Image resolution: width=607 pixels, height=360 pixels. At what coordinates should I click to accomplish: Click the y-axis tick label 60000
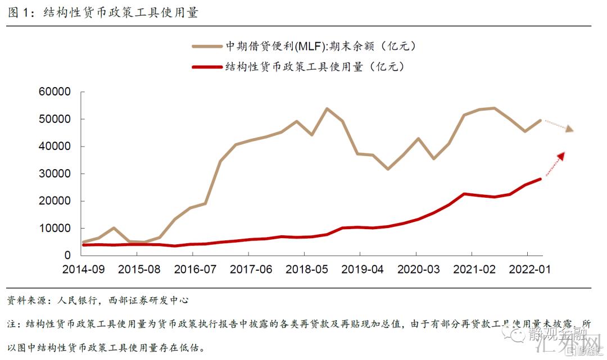54,92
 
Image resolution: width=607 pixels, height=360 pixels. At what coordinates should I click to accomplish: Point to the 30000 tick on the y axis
54,174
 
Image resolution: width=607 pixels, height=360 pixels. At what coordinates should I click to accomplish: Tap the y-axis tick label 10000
54,228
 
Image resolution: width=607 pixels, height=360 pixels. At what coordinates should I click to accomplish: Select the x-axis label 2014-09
83,269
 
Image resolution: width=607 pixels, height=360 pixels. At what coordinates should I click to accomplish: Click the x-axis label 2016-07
194,269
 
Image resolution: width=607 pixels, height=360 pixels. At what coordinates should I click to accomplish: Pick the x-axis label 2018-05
306,269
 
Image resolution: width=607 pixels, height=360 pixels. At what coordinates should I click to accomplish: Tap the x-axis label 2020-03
418,269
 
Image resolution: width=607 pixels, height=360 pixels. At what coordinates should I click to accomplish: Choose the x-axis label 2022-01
529,269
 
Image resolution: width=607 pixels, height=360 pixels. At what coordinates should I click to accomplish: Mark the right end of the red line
540,179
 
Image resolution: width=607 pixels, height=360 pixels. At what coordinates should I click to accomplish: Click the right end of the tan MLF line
540,120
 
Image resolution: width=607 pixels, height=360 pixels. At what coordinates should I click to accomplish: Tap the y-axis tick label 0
67,255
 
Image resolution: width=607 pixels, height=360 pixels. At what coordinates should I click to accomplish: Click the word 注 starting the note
12,324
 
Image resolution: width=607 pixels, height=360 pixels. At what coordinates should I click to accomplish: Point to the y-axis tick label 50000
54,119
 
